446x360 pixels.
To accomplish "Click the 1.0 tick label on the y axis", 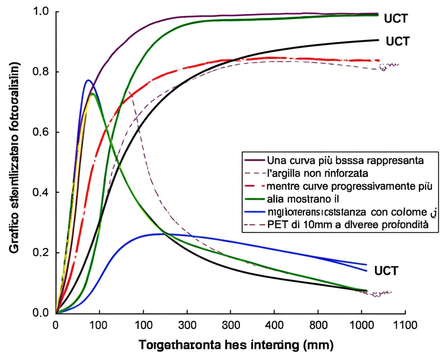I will [x=42, y=11].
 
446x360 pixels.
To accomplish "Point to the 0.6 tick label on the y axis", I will [x=42, y=132].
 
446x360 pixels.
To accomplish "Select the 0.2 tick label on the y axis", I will [x=42, y=253].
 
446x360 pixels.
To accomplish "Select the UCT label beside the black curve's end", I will [x=398, y=41].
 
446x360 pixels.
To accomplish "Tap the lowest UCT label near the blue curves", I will [x=386, y=271].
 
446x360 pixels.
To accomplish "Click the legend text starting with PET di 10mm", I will [x=348, y=225].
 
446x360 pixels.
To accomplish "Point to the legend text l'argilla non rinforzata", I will [x=318, y=173].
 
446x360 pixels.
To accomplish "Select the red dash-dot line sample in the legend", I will [x=255, y=186].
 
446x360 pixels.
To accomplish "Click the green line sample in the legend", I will [x=255, y=199].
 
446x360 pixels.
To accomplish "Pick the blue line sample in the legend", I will [x=255, y=212].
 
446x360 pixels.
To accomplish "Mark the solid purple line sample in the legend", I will [x=255, y=160].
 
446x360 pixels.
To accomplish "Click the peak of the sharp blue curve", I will [x=88, y=80].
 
